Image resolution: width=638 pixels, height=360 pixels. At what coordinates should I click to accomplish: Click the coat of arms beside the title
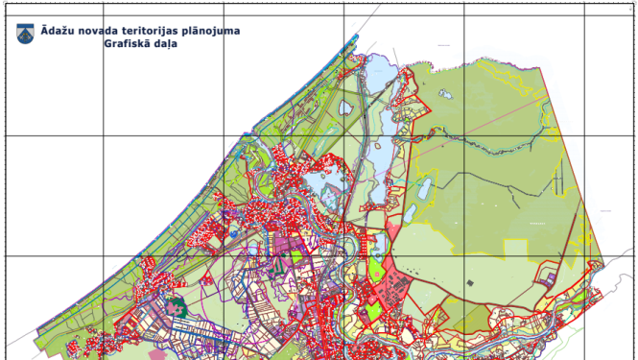click(25, 34)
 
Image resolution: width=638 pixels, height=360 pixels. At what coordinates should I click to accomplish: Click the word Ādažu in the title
click(55, 31)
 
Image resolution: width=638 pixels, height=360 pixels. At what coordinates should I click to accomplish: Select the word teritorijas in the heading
click(149, 31)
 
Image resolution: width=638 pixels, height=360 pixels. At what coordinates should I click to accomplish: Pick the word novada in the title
click(96, 31)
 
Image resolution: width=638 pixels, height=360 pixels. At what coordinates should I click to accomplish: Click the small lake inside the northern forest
click(445, 94)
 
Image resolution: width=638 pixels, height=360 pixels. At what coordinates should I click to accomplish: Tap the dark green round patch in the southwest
click(175, 308)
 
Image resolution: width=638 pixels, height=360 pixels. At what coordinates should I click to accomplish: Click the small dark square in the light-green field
click(470, 283)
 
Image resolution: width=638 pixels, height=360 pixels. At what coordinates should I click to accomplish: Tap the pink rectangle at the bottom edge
click(157, 354)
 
